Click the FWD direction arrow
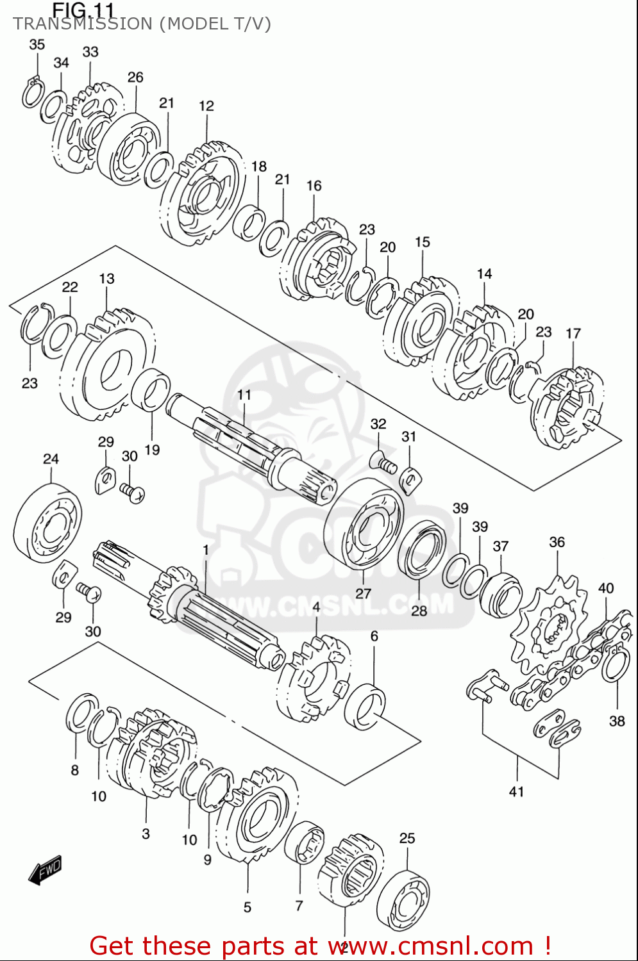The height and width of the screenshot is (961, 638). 46,871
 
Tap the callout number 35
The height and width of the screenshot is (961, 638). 37,44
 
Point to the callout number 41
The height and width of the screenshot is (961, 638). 517,792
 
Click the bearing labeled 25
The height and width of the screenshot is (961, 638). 403,899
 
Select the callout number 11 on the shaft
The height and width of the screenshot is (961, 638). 244,395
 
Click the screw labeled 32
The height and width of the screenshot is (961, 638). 383,461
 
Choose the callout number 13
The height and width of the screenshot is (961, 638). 106,279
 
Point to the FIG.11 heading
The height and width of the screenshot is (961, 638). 83,10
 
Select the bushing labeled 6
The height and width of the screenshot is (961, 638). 365,706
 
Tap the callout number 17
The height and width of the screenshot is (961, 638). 573,333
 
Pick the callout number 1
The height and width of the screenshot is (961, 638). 206,550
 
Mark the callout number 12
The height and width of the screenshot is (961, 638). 206,106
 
